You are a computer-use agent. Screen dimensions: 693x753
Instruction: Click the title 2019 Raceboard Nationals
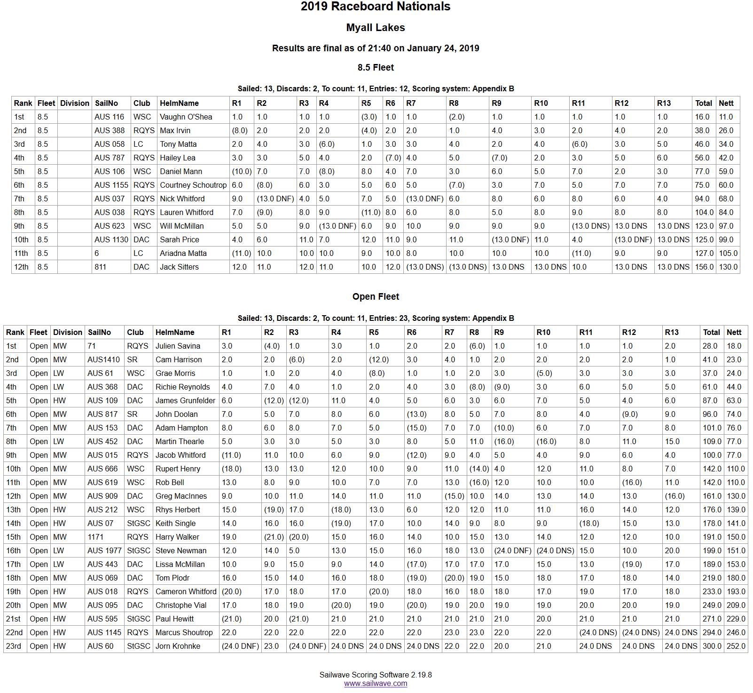(376, 7)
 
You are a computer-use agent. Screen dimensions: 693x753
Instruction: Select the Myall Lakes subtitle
(376, 28)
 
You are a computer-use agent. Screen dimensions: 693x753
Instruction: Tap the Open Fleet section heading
(376, 297)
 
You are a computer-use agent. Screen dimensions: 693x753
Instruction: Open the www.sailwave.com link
(376, 684)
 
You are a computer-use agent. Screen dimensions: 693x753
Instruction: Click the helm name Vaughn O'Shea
(186, 117)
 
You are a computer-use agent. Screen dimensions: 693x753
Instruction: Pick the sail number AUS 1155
(111, 185)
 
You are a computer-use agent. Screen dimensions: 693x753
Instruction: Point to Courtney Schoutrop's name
(193, 185)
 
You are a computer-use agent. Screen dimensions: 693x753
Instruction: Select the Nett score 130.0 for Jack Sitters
(728, 267)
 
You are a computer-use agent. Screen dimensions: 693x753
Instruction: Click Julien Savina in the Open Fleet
(178, 346)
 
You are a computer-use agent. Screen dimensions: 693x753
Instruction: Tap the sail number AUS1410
(103, 359)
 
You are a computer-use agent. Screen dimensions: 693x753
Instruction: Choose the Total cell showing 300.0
(712, 646)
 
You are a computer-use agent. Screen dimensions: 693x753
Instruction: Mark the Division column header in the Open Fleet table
(68, 332)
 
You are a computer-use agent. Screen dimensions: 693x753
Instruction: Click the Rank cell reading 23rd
(14, 646)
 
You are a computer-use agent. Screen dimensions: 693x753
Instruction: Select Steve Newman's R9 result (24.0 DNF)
(512, 550)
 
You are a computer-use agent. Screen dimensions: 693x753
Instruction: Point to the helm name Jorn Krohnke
(178, 646)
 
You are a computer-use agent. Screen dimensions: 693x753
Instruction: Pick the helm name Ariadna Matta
(183, 253)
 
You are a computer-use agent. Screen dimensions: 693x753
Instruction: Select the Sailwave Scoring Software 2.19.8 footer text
(376, 675)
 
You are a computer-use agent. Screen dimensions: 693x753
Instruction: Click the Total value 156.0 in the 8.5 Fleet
(704, 267)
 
